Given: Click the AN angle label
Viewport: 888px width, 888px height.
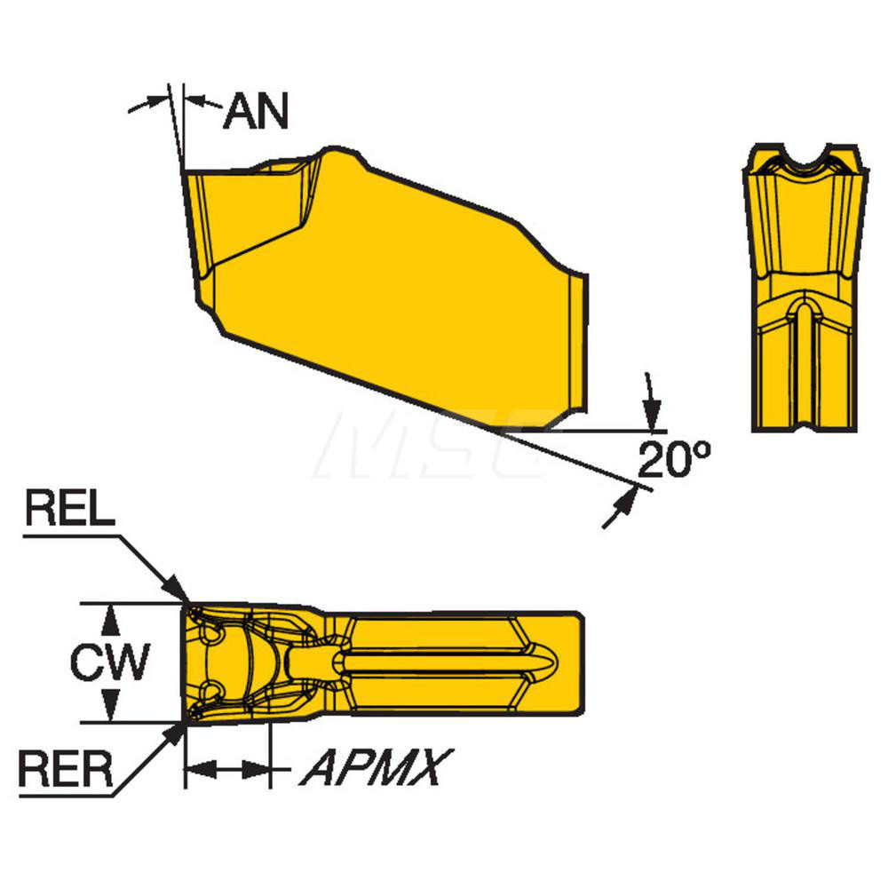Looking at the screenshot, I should point(256,112).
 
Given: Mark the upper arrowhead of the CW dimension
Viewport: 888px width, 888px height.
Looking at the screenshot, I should point(109,617).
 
